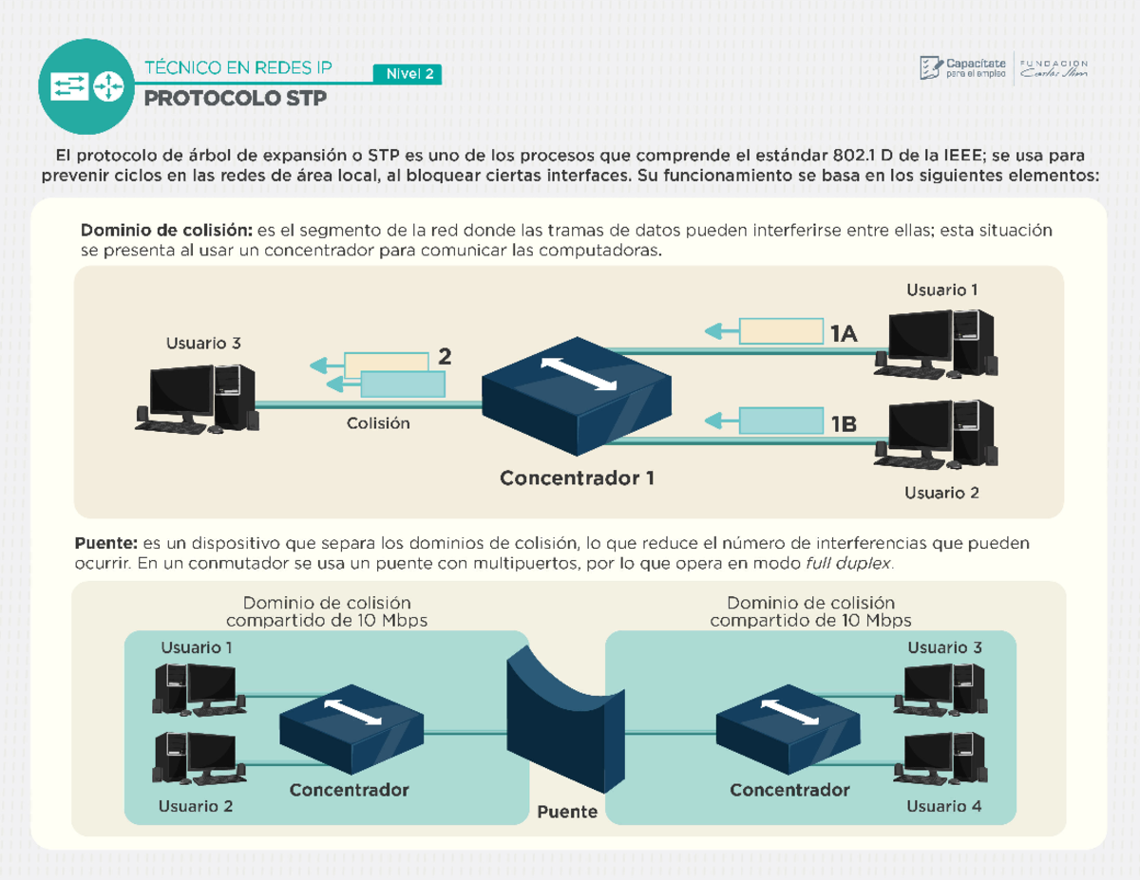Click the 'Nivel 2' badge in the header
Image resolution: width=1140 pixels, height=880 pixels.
[407, 75]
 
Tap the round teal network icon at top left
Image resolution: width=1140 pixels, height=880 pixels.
[86, 86]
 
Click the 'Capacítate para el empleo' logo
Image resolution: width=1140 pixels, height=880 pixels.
[961, 68]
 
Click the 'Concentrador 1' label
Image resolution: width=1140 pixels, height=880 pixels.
[577, 478]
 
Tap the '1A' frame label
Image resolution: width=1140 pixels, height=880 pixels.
[843, 332]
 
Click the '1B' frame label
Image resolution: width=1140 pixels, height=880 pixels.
[843, 424]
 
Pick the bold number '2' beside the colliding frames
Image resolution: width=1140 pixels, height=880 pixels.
[444, 357]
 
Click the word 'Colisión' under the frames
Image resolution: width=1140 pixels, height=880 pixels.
[377, 423]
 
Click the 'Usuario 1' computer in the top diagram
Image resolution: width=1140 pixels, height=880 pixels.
[940, 342]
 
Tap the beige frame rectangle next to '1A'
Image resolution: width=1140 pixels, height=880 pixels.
[781, 331]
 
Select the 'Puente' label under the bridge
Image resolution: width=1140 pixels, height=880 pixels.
[566, 812]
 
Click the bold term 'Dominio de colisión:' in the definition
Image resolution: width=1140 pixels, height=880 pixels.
[166, 231]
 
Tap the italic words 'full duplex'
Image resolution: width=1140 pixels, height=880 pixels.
[848, 564]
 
